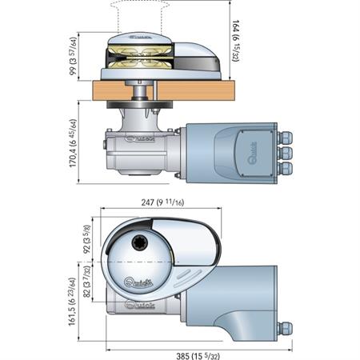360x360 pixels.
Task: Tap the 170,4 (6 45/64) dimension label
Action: point(74,147)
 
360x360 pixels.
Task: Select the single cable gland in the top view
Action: point(284,327)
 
